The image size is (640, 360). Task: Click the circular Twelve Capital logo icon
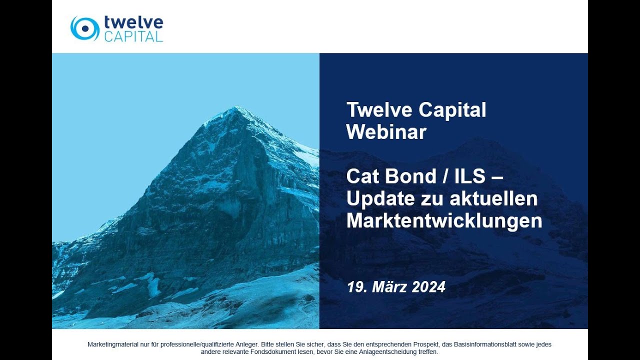[x=84, y=28]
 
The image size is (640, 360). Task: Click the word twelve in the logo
[x=133, y=22]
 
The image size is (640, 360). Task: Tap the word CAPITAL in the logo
[x=133, y=36]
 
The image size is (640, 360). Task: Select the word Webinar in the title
[x=386, y=132]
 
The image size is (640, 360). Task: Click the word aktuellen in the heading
[x=494, y=198]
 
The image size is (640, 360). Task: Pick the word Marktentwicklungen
[x=444, y=220]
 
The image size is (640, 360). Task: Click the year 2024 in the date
[x=428, y=287]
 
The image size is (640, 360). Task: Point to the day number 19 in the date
[x=355, y=287]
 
